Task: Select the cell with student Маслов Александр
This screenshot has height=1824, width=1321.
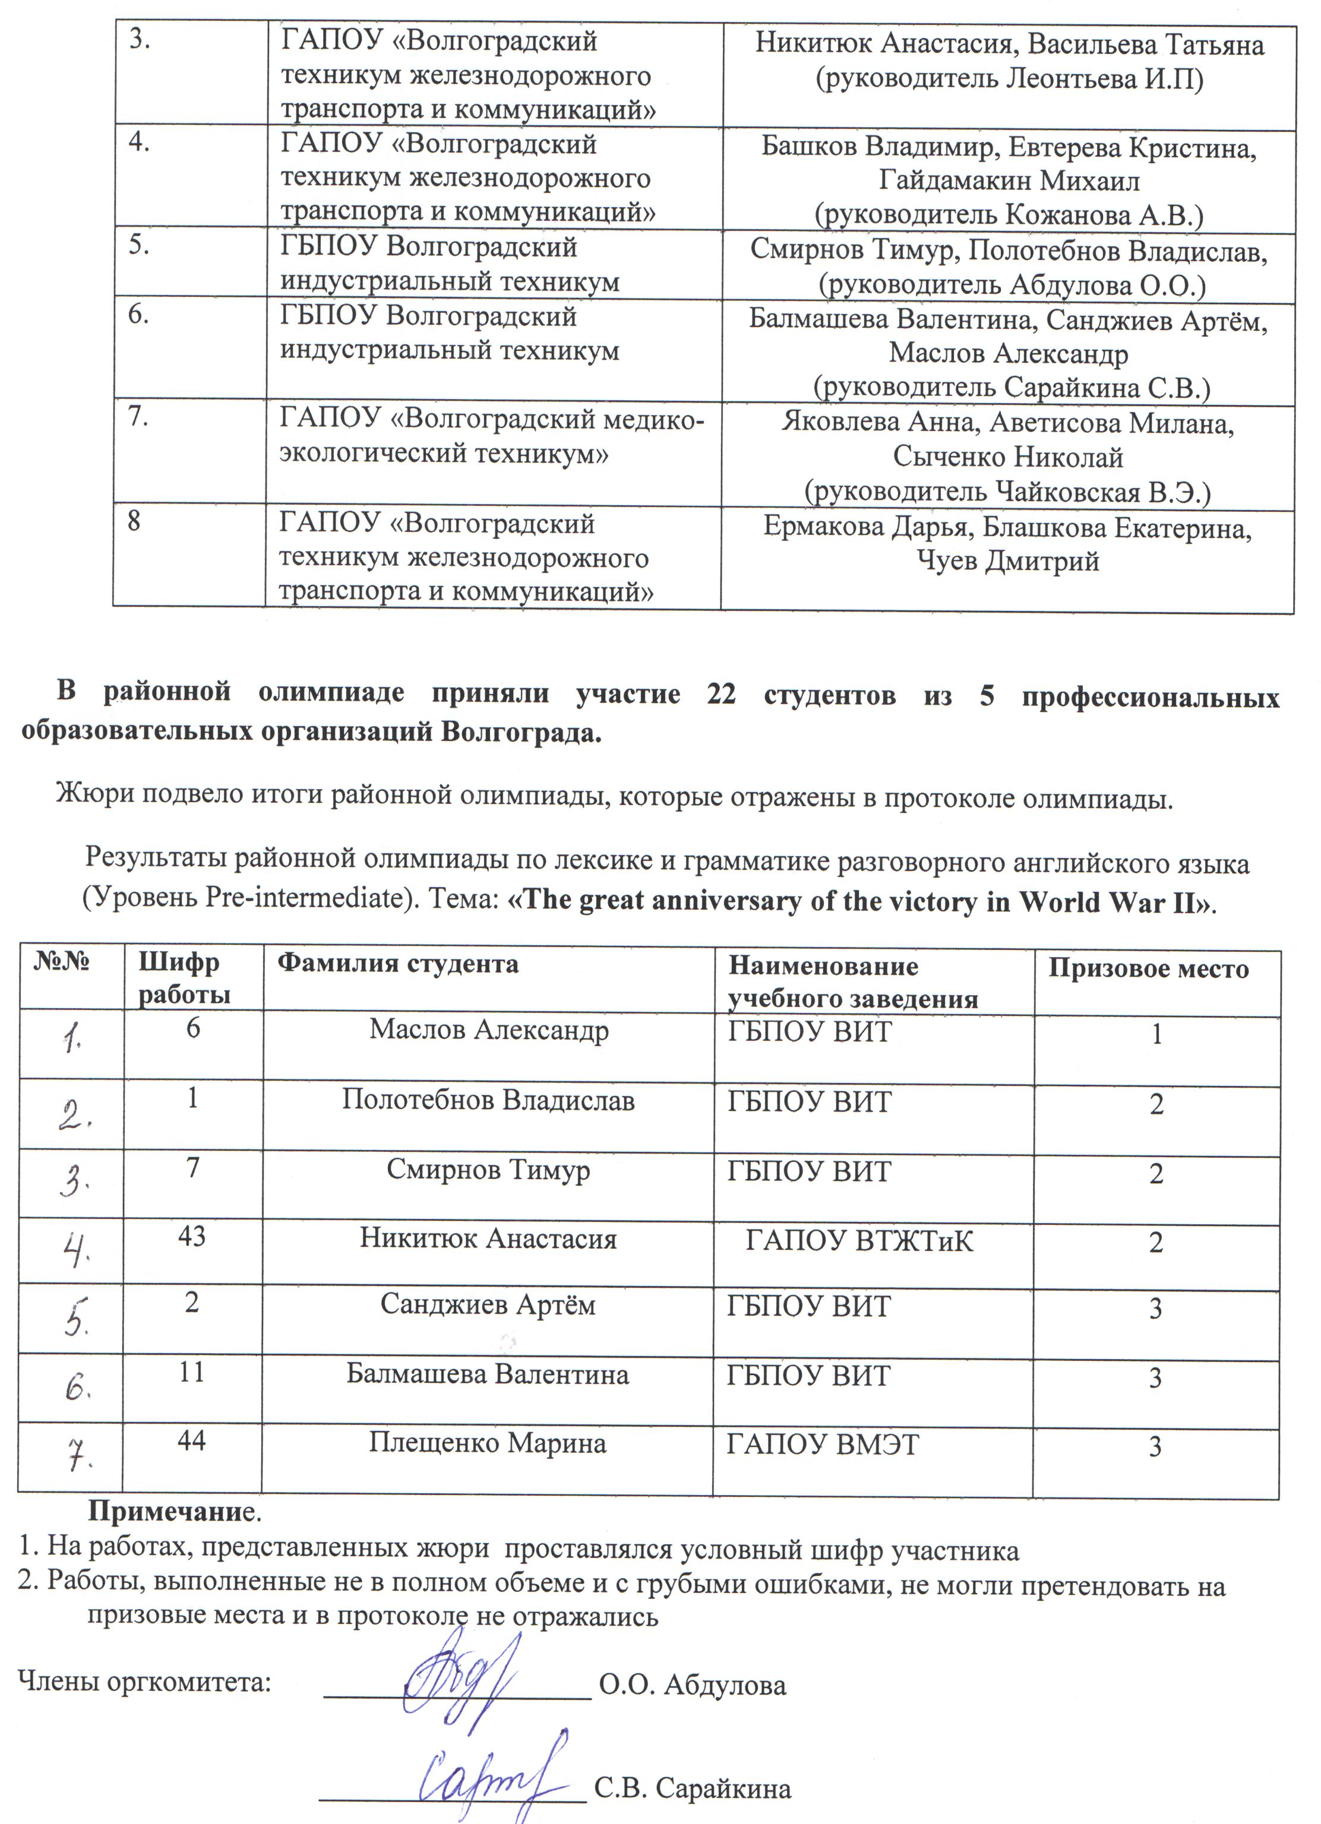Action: (488, 1030)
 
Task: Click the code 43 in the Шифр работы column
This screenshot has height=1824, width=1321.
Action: (191, 1236)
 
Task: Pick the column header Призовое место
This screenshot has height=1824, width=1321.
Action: (1148, 969)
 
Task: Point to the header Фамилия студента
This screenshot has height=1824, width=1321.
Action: (397, 964)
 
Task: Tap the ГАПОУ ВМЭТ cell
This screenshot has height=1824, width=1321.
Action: (822, 1445)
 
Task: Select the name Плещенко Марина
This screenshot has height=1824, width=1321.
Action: (488, 1443)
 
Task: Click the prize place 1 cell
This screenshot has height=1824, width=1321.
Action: (1156, 1034)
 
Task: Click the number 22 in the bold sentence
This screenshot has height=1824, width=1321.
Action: (721, 694)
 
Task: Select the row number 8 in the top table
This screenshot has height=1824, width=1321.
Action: (134, 521)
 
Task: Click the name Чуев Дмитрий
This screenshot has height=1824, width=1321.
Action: (1007, 561)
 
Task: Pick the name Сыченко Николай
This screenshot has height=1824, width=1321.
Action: (1007, 457)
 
